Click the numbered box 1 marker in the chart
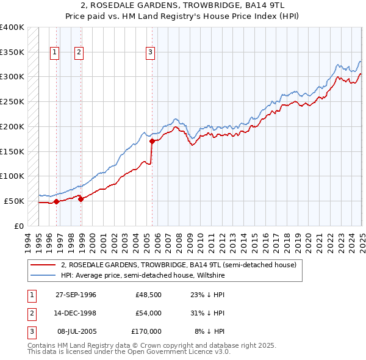click(x=55, y=52)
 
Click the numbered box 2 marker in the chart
click(x=79, y=52)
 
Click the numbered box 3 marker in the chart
click(x=150, y=52)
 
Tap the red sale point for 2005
click(x=152, y=141)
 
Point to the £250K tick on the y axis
click(x=12, y=101)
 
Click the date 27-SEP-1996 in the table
click(x=76, y=295)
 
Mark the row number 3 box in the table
click(x=30, y=331)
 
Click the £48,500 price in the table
click(x=148, y=295)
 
